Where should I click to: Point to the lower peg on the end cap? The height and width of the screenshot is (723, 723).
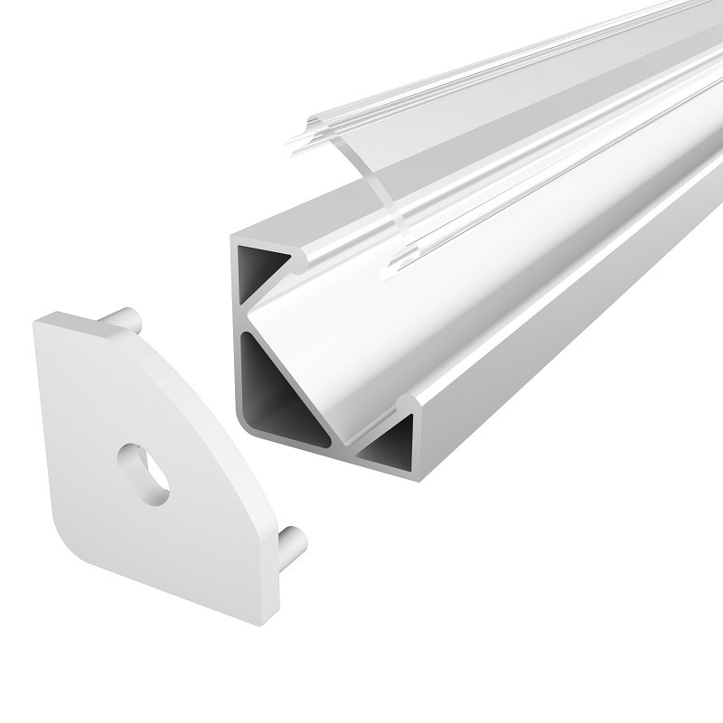tap(291, 544)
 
